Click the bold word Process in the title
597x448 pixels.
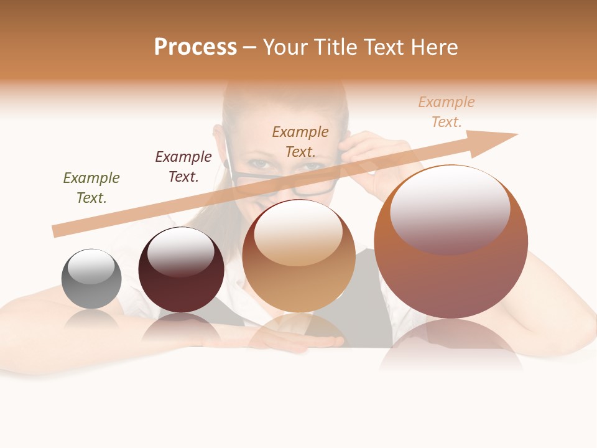coord(195,47)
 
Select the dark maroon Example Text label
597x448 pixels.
coord(183,167)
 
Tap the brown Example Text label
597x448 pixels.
coord(300,141)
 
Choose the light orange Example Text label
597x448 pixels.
coord(447,112)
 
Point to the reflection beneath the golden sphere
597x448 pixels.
coord(298,330)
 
